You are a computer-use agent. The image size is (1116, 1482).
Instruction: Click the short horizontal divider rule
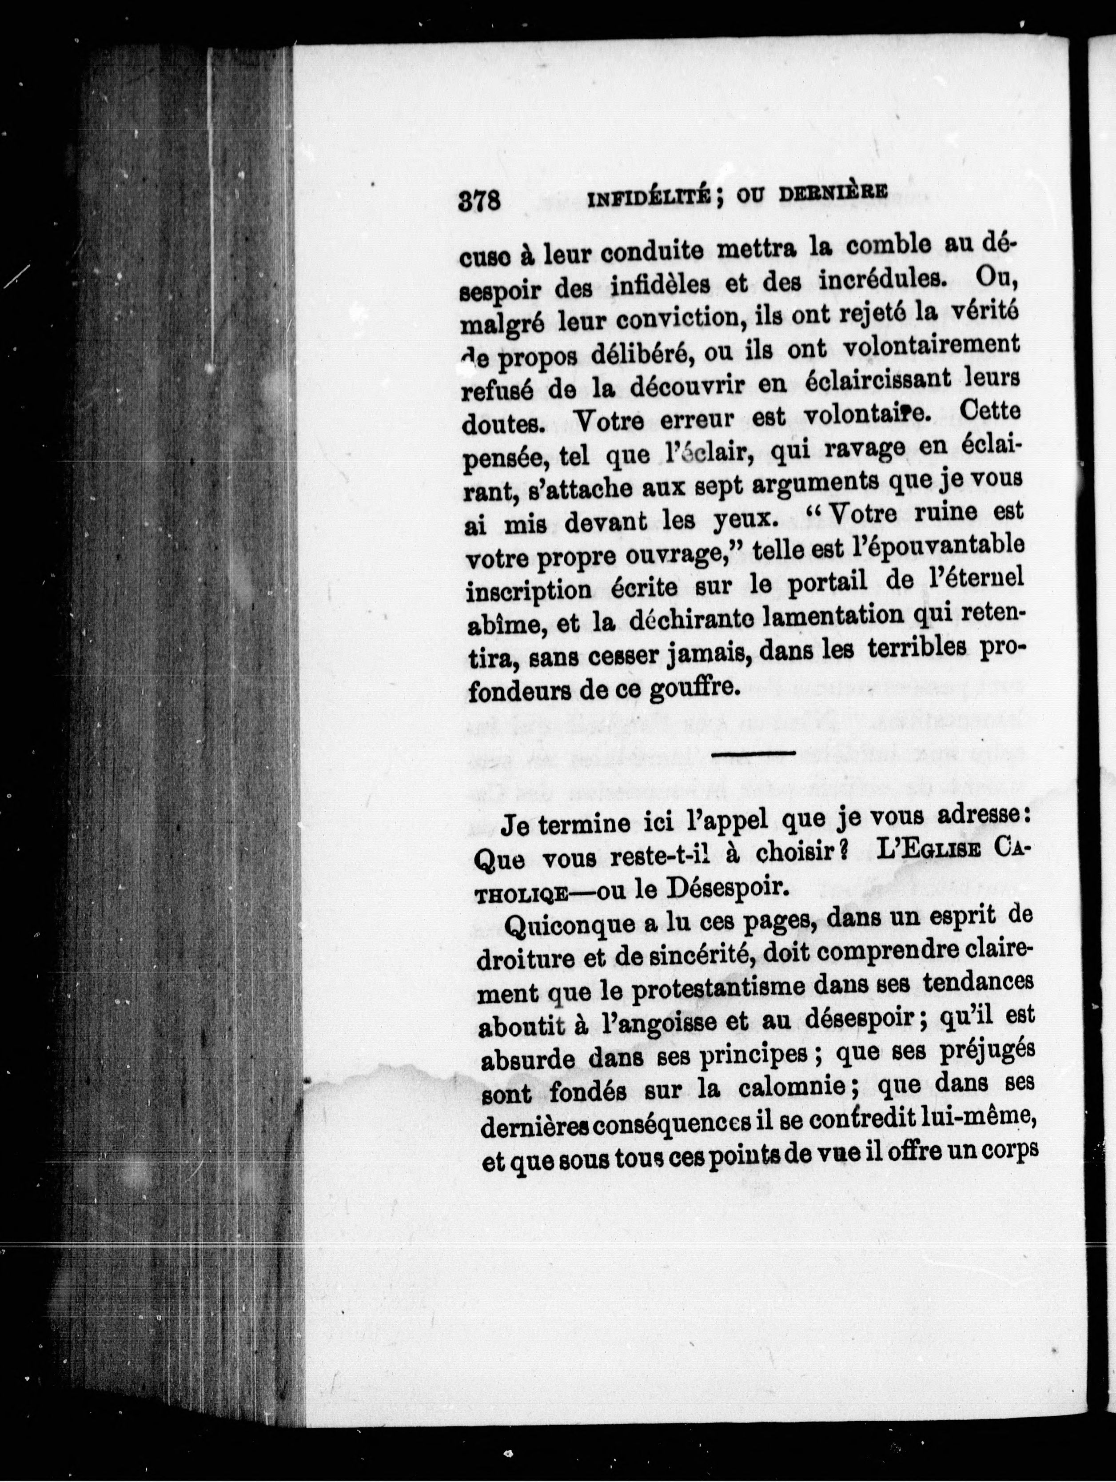pyautogui.click(x=753, y=754)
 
